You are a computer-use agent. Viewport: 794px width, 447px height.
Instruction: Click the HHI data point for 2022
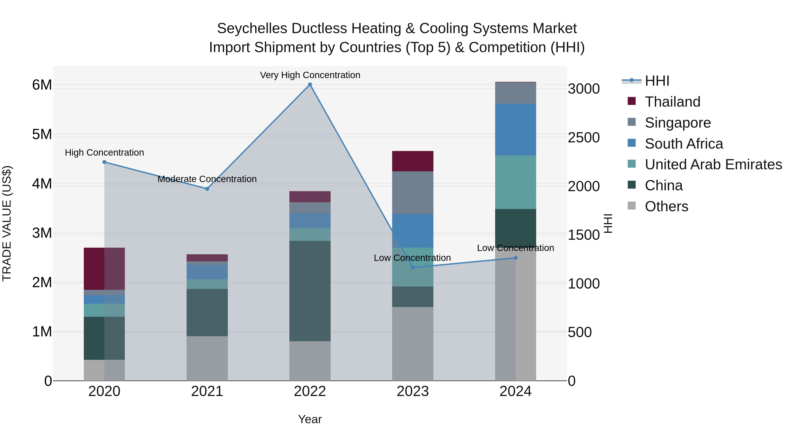pos(310,85)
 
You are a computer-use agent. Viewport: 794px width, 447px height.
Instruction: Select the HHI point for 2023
pos(413,268)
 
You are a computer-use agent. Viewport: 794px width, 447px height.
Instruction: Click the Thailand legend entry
pos(672,102)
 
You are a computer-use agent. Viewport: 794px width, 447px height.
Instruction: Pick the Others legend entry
pos(666,206)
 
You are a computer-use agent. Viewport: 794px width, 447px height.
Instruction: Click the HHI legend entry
pos(657,81)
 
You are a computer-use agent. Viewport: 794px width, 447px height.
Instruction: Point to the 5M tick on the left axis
pos(42,134)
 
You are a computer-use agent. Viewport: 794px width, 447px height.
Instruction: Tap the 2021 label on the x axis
pos(207,391)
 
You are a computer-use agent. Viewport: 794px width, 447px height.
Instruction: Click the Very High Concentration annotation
pos(310,75)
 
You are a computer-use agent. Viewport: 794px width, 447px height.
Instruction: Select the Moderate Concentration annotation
pos(207,179)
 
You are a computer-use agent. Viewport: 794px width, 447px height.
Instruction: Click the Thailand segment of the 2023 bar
pos(413,161)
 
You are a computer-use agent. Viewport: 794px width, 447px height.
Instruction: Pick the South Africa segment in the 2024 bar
pos(515,130)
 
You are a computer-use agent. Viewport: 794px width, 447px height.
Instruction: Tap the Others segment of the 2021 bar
pos(207,358)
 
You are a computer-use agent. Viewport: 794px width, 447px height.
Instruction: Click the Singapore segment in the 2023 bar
pos(413,192)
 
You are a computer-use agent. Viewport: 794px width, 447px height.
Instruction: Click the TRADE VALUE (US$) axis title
pos(7,223)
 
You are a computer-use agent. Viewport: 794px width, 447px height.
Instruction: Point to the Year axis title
pos(310,419)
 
